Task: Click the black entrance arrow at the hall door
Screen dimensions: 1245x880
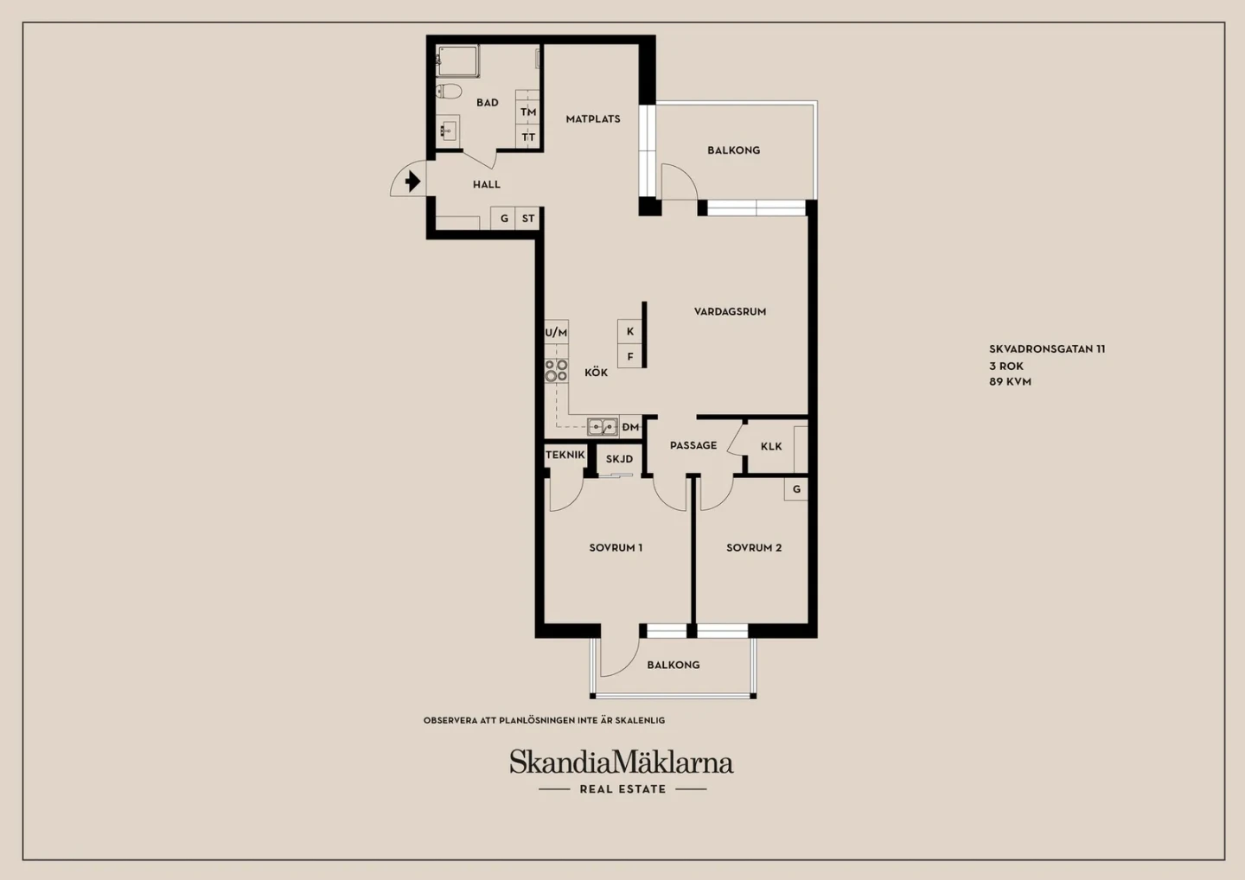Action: tap(412, 182)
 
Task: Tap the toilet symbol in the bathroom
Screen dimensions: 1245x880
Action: tap(449, 91)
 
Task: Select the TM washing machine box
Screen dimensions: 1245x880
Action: tap(527, 112)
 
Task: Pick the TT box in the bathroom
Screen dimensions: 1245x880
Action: tap(527, 137)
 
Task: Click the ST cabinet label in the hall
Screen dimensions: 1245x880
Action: tap(528, 219)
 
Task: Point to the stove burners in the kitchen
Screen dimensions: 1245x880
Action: tap(557, 371)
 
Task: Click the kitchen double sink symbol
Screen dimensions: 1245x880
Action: tap(603, 427)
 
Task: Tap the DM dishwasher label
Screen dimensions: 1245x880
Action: tap(630, 427)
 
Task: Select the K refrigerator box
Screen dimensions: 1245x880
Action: tap(630, 331)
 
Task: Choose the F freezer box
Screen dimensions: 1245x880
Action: tap(630, 356)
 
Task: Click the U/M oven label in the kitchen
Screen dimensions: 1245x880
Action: tap(556, 333)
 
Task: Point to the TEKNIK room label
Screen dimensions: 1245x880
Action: tap(565, 455)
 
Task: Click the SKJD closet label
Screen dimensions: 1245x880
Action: tap(619, 459)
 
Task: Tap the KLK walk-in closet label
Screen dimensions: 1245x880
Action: tap(771, 446)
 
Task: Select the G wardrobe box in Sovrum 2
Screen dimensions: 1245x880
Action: tap(796, 489)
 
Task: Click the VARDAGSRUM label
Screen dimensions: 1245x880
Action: tap(731, 312)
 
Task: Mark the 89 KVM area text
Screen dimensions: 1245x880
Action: tap(1010, 382)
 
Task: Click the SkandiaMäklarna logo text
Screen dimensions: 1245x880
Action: tap(622, 762)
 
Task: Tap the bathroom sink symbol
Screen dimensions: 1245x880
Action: tap(448, 131)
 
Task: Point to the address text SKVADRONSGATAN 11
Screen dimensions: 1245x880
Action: tap(1047, 349)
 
